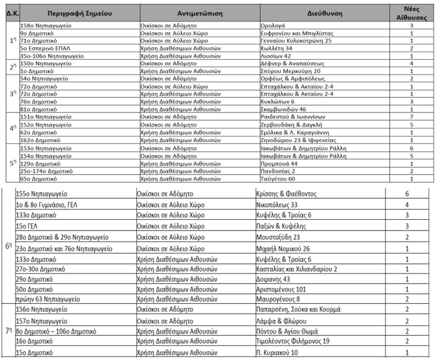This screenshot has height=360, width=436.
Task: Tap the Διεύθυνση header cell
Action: [x=323, y=12]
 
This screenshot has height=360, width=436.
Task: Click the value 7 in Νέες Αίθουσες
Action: [x=411, y=116]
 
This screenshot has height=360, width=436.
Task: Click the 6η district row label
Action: [x=8, y=247]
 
